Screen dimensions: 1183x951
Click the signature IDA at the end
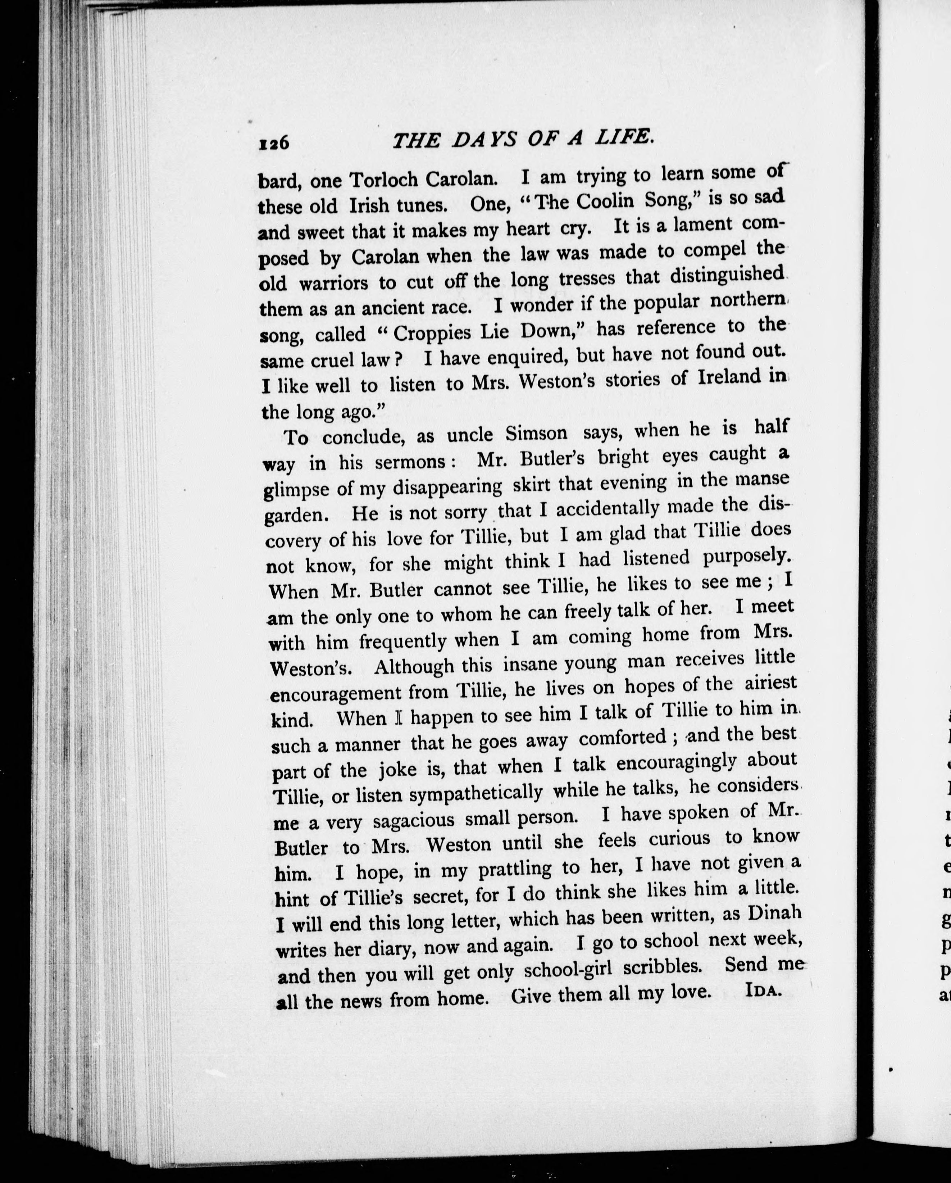[x=763, y=991]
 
